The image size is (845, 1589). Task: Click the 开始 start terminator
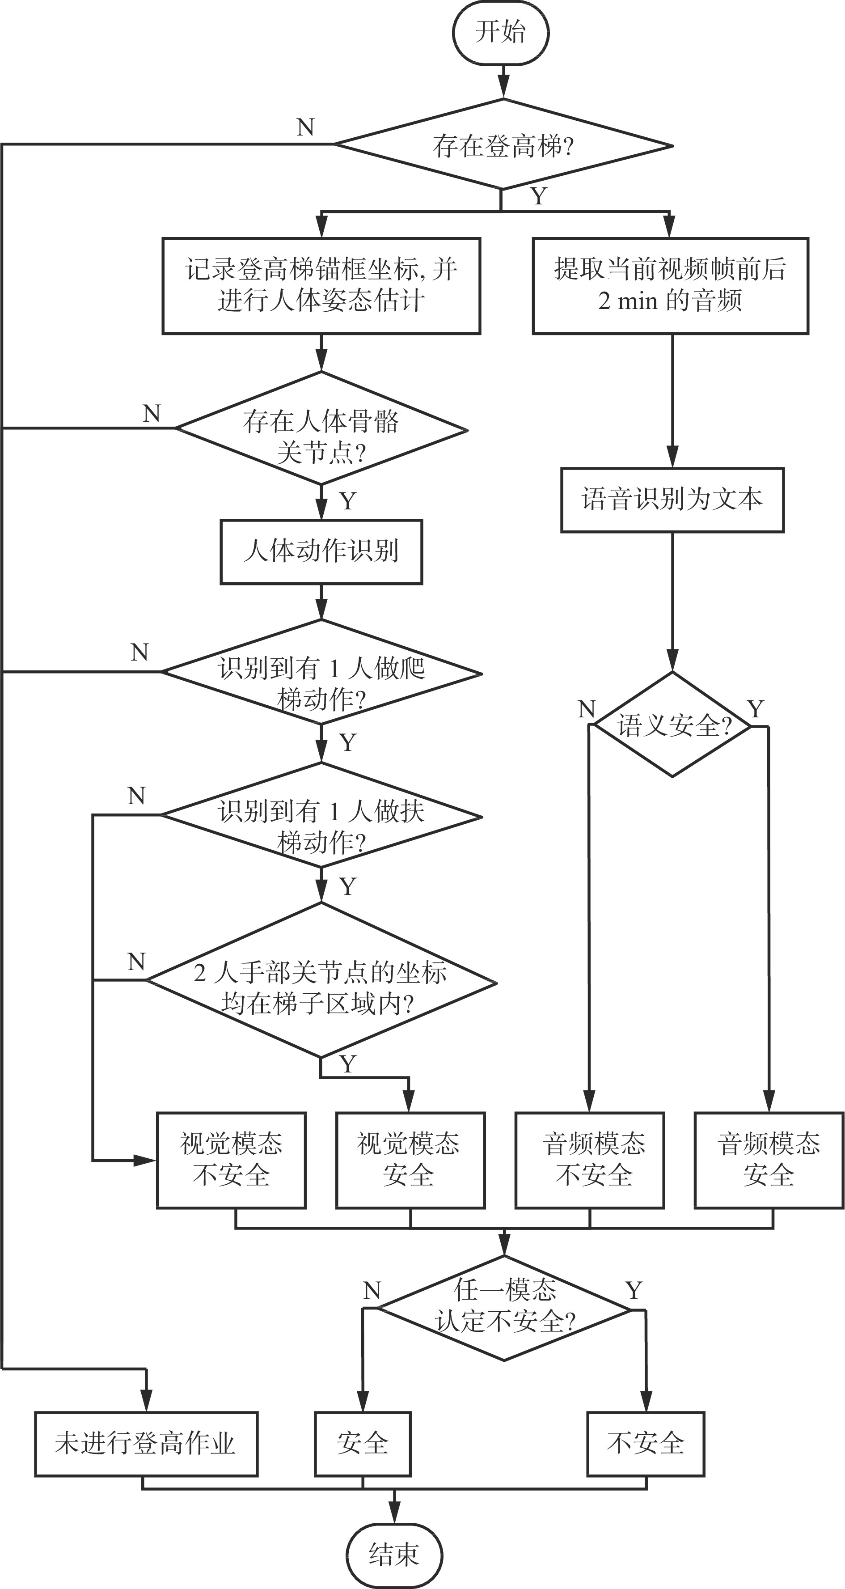(x=500, y=32)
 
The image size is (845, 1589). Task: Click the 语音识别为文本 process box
(x=672, y=500)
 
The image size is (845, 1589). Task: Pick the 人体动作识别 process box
(x=321, y=551)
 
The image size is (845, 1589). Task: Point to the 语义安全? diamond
(x=672, y=725)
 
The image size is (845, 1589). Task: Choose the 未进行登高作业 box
(x=146, y=1443)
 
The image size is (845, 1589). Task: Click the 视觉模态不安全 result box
(x=231, y=1160)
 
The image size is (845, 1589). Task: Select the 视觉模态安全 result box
(x=410, y=1160)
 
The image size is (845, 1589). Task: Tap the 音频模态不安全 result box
(x=590, y=1160)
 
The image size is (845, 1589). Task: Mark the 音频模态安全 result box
(x=769, y=1160)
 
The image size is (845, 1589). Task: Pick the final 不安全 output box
(x=645, y=1443)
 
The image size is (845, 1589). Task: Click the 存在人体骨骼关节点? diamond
(x=321, y=429)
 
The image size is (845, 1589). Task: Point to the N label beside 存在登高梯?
(x=305, y=127)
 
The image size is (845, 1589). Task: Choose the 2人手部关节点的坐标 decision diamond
(x=321, y=981)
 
